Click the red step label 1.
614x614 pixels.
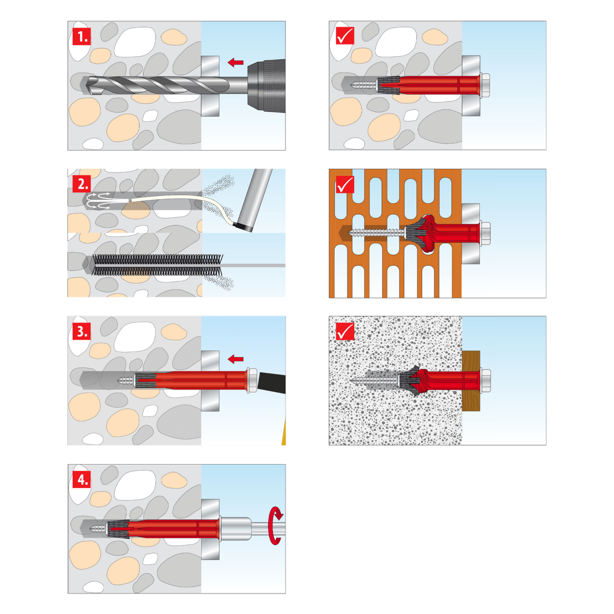pyautogui.click(x=81, y=36)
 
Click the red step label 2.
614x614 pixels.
pyautogui.click(x=81, y=184)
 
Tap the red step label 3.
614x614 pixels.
pyautogui.click(x=81, y=332)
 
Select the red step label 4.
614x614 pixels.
pyautogui.click(x=81, y=479)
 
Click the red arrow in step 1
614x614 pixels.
pyautogui.click(x=235, y=62)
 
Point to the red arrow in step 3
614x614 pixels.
pyautogui.click(x=235, y=359)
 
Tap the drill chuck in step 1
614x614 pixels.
pyautogui.click(x=267, y=86)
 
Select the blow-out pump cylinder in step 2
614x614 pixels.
pyautogui.click(x=253, y=200)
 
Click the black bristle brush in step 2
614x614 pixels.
pyautogui.click(x=157, y=265)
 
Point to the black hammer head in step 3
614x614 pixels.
pyautogui.click(x=272, y=382)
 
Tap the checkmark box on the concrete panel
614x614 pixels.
pyautogui.click(x=345, y=36)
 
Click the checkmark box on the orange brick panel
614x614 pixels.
pyautogui.click(x=345, y=184)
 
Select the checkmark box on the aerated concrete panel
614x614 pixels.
pyautogui.click(x=345, y=332)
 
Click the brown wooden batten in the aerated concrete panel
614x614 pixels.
pyautogui.click(x=471, y=381)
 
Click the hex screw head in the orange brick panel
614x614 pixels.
pyautogui.click(x=485, y=234)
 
